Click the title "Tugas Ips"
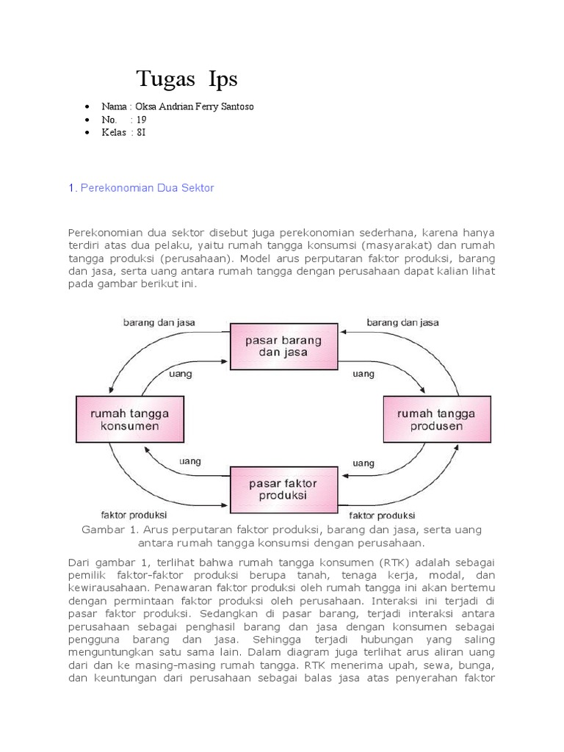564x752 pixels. (x=187, y=79)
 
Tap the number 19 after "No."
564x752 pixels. (x=142, y=120)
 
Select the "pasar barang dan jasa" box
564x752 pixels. (x=283, y=346)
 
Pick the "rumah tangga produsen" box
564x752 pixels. (x=435, y=419)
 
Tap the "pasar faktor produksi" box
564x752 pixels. (x=283, y=489)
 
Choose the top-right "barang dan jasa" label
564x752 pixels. (x=402, y=322)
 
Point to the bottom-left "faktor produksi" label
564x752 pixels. (x=134, y=514)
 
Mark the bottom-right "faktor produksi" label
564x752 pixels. (x=382, y=515)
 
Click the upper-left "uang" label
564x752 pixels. (x=180, y=374)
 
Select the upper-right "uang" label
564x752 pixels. (x=364, y=374)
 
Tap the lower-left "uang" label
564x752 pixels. (x=191, y=461)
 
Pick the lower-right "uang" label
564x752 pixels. (x=364, y=463)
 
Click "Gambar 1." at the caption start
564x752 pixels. (x=104, y=529)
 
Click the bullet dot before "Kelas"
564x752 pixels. (x=89, y=133)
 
